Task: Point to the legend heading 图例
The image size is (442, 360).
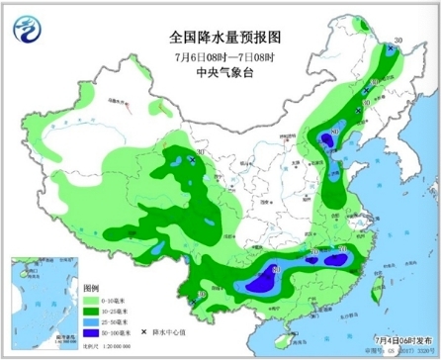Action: pos(91,286)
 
